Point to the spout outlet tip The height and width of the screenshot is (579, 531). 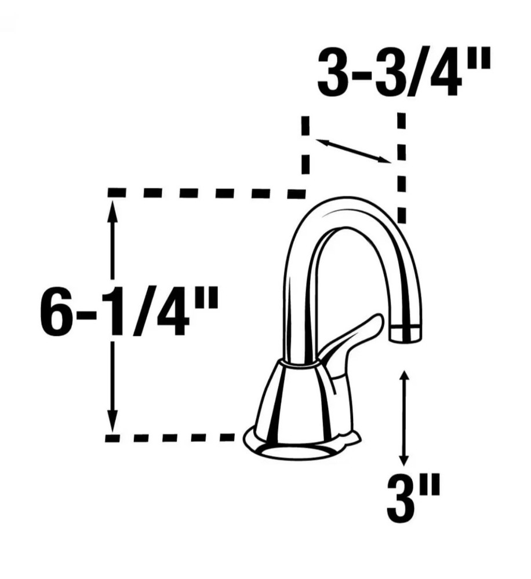(x=405, y=335)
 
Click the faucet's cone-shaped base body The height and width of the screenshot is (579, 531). (x=296, y=400)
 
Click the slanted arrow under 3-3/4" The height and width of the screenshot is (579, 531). (x=352, y=151)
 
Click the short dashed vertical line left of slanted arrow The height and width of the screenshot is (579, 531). (x=305, y=151)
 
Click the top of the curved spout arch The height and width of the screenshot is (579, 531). (x=348, y=204)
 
